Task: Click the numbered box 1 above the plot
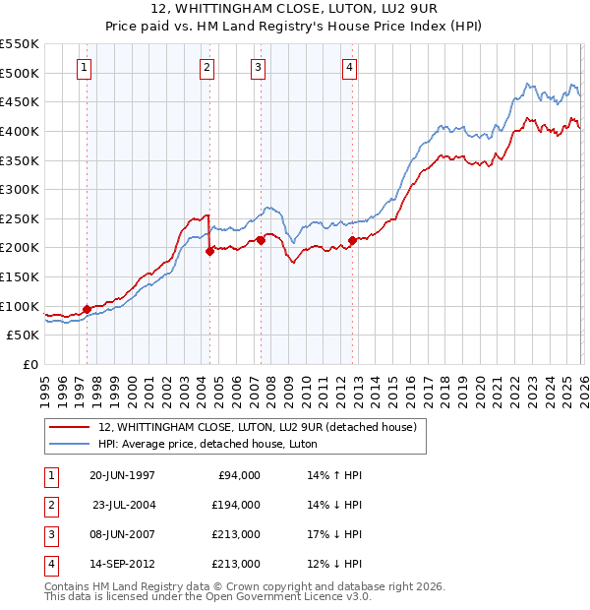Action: [86, 68]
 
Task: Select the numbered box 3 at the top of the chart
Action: [258, 68]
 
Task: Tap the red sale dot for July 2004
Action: [209, 251]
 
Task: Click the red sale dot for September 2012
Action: [352, 240]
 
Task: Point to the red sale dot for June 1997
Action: [87, 309]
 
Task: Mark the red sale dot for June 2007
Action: [261, 240]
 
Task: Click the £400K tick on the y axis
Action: [19, 131]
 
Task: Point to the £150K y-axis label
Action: [19, 276]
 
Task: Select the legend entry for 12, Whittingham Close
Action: [258, 427]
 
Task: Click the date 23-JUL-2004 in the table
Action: [123, 505]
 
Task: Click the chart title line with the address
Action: [295, 11]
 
